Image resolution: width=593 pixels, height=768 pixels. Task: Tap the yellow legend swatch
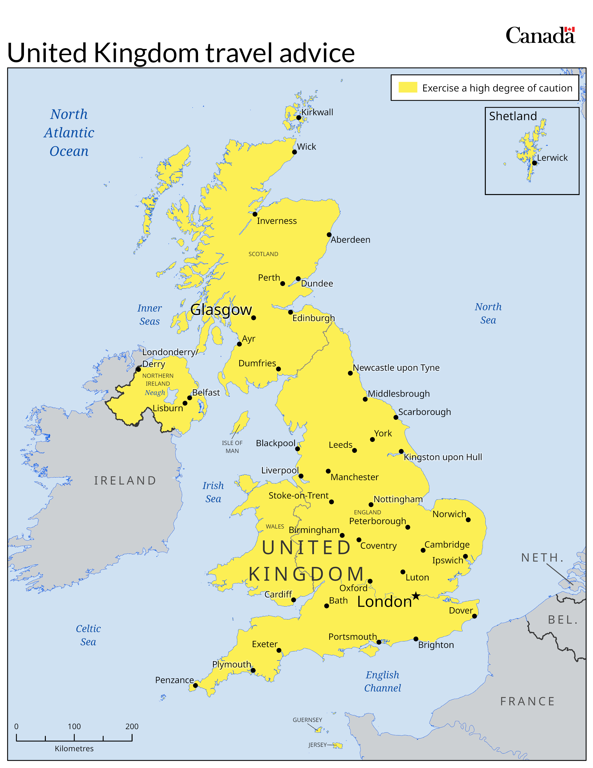(x=407, y=87)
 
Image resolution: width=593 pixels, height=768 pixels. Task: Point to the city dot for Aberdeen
(x=329, y=235)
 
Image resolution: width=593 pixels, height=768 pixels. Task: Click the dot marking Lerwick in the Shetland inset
(x=534, y=163)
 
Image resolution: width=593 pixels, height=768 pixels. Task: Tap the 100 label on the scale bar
(x=74, y=727)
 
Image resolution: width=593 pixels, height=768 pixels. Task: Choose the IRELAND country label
(x=125, y=480)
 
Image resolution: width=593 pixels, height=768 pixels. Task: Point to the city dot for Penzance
(x=196, y=685)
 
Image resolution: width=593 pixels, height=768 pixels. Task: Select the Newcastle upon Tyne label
(x=396, y=367)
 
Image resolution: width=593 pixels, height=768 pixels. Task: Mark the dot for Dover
(x=474, y=616)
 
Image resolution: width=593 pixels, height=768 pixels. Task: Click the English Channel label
(x=383, y=681)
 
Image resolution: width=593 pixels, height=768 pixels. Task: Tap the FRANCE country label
(x=527, y=701)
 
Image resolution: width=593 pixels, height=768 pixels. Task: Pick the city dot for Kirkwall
(x=299, y=118)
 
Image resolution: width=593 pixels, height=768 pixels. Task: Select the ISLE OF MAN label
(x=232, y=447)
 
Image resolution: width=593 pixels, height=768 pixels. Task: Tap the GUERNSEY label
(x=307, y=720)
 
